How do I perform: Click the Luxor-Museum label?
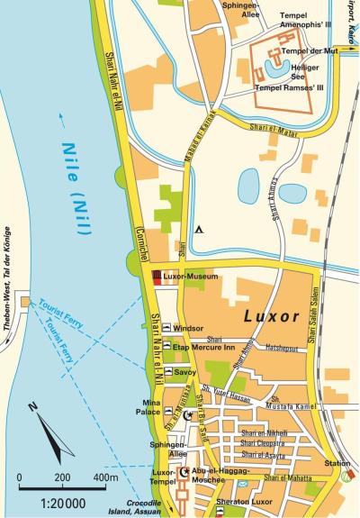191,276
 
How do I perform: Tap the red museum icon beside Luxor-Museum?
157,276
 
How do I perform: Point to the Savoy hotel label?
184,371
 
